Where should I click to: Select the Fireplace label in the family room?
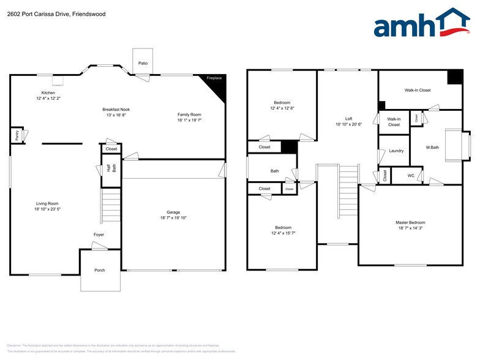point(214,78)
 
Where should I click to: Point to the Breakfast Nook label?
point(116,109)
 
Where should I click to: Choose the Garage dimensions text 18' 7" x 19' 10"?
point(173,217)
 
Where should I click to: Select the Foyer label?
point(99,234)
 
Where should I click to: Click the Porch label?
point(99,270)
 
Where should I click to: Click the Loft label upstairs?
point(348,119)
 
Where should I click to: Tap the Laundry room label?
point(396,151)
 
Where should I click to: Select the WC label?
point(411,175)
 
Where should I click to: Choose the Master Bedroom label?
point(410,222)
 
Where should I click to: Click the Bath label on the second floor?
point(275,171)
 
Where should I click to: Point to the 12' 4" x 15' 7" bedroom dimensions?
point(282,233)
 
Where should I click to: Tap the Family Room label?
point(189,114)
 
